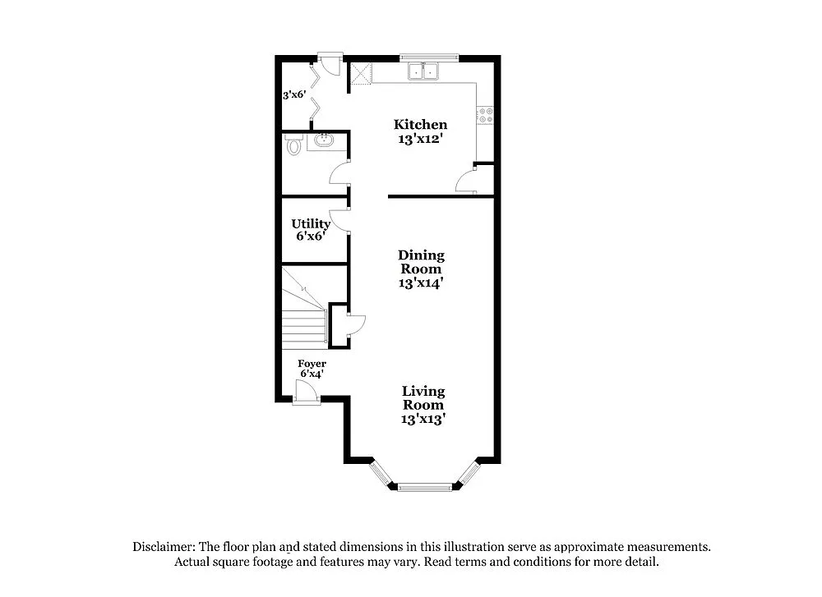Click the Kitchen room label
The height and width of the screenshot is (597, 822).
(420, 125)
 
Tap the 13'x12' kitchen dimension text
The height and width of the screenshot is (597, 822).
(420, 139)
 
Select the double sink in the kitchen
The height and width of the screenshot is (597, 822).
(424, 72)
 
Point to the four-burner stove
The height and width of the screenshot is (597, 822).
(485, 116)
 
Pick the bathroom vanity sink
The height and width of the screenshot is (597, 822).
(324, 141)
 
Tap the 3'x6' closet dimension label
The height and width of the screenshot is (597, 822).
(294, 95)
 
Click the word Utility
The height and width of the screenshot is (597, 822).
(311, 223)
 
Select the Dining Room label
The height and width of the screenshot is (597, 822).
(420, 262)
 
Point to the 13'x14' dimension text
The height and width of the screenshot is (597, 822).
(420, 283)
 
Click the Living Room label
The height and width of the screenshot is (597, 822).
(423, 398)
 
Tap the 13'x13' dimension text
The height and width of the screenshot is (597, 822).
(423, 419)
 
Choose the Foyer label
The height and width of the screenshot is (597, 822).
(312, 364)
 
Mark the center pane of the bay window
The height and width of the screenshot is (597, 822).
(425, 488)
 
